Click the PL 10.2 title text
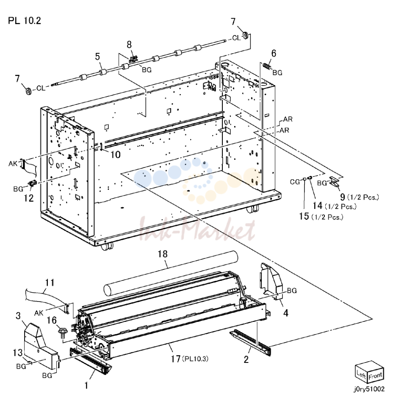coord(25,21)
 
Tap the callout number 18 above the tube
coord(163,254)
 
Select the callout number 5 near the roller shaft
coord(97,56)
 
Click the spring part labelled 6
coord(266,66)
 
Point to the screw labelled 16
coord(62,332)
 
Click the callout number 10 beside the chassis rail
coord(115,154)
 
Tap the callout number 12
coord(29,198)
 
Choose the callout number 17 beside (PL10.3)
coord(176,359)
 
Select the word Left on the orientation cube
coord(361,374)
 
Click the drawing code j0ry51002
coord(369,389)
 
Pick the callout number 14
coord(318,206)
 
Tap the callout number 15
coord(304,216)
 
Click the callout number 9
coord(343,197)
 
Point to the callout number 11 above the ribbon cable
coord(50,283)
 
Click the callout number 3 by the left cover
coord(18,316)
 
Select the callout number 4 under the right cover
coord(286,313)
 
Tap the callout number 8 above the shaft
coord(129,45)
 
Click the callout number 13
coord(17,353)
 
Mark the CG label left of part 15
coord(295,182)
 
